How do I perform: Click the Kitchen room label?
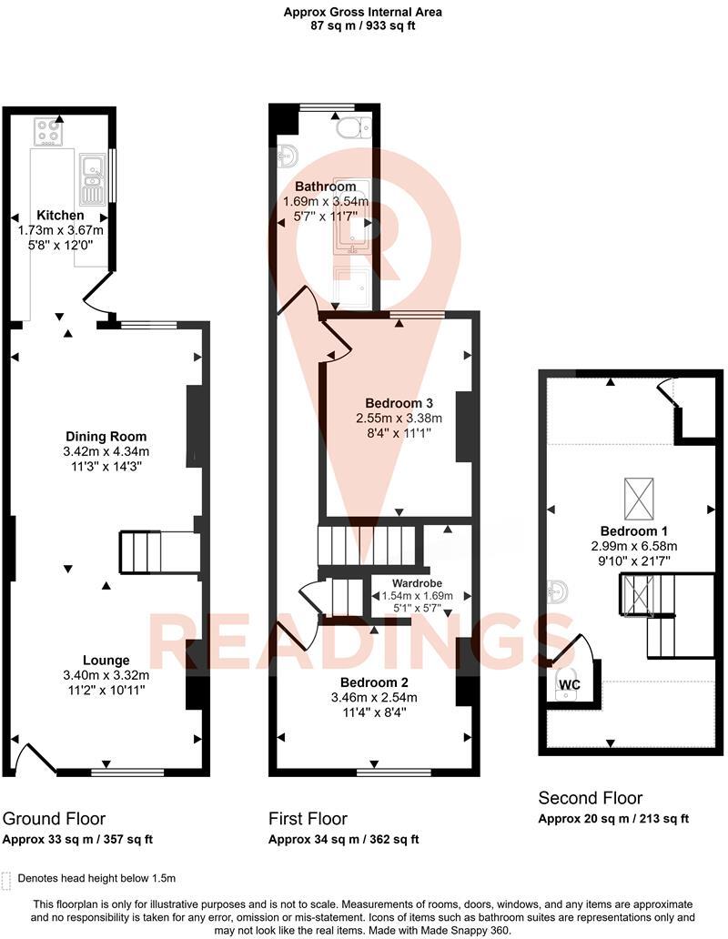pos(60,216)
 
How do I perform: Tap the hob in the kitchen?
pos(47,132)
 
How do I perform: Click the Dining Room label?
pos(105,437)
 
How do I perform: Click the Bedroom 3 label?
pos(399,403)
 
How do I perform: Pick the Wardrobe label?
pos(417,583)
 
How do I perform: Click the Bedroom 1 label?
pos(630,531)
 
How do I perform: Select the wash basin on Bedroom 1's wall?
pos(557,592)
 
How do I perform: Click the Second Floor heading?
pos(590,798)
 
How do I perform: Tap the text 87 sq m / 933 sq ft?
pos(363,26)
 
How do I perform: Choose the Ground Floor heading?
pos(55,818)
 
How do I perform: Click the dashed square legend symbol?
pos(8,879)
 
